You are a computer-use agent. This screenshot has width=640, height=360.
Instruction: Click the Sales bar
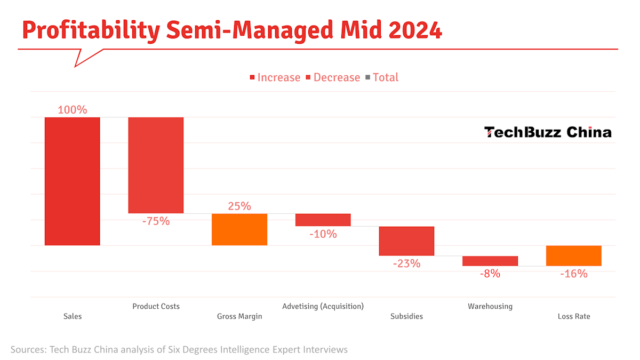click(72, 181)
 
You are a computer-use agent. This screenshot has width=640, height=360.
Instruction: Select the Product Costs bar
click(156, 165)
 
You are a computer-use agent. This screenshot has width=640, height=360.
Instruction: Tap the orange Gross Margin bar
click(239, 229)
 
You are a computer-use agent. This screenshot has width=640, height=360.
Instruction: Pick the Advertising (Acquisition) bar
click(323, 220)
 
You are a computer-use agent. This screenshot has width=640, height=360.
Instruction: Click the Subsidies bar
click(406, 241)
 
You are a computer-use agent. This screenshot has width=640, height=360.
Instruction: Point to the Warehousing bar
click(490, 261)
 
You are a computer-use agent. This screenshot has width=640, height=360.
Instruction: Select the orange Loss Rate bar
click(573, 255)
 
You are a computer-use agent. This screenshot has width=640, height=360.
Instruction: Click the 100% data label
click(72, 110)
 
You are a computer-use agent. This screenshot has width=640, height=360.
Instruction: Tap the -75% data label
click(156, 221)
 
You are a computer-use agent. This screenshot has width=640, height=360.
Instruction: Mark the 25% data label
click(239, 206)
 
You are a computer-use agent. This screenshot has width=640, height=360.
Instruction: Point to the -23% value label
click(406, 263)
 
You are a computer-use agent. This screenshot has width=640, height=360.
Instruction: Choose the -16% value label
click(573, 274)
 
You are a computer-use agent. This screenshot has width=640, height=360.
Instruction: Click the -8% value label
click(490, 274)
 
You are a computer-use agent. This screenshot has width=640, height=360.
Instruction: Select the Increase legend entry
click(275, 77)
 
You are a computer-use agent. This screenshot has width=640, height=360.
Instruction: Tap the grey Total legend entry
click(382, 77)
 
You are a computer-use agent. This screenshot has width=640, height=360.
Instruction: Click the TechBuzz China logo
click(548, 132)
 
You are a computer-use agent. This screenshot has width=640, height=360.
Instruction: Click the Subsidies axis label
click(406, 316)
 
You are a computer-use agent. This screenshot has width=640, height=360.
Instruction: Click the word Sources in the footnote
click(28, 350)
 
